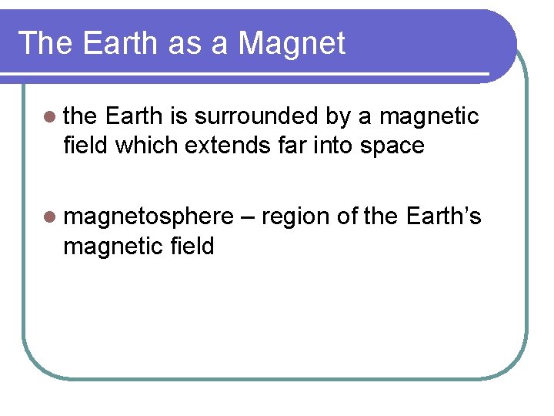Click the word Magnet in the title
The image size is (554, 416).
(292, 43)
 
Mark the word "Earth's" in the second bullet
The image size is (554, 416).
(442, 216)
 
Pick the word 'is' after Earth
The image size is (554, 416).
(177, 117)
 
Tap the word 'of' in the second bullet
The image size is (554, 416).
(346, 217)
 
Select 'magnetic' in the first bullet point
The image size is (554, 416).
(429, 117)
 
